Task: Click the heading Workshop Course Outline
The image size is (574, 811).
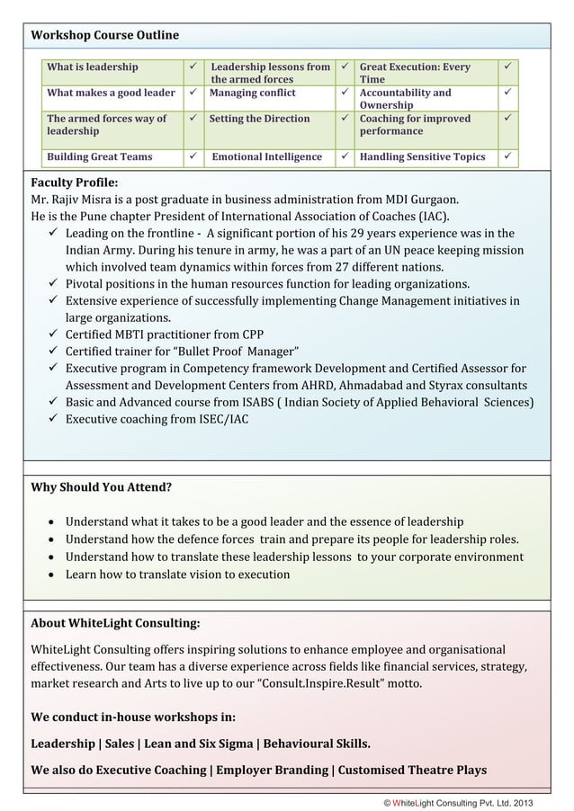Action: coord(104,35)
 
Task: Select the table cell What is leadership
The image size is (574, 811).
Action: coord(93,67)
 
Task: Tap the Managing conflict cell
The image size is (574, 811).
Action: coord(253,93)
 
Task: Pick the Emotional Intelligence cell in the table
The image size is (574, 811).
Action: coord(266,157)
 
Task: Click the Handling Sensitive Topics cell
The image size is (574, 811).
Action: coord(422,157)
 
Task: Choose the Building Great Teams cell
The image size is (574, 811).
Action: coord(100,157)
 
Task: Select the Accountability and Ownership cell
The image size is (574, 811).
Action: coord(405,99)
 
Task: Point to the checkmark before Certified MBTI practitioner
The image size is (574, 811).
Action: coord(53,334)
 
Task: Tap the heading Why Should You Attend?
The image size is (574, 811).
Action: coord(102,488)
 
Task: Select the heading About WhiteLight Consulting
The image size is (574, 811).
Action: coord(115,623)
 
